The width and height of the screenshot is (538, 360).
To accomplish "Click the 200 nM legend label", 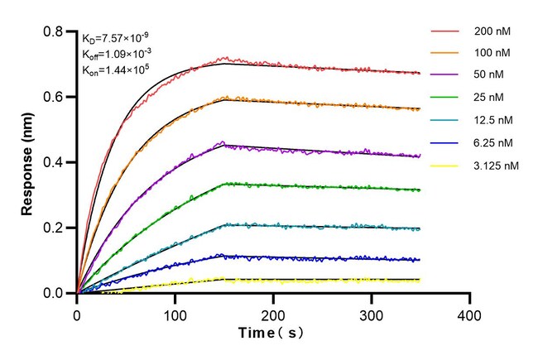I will pos(492,31).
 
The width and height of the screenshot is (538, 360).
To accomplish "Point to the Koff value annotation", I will pos(116,54).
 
